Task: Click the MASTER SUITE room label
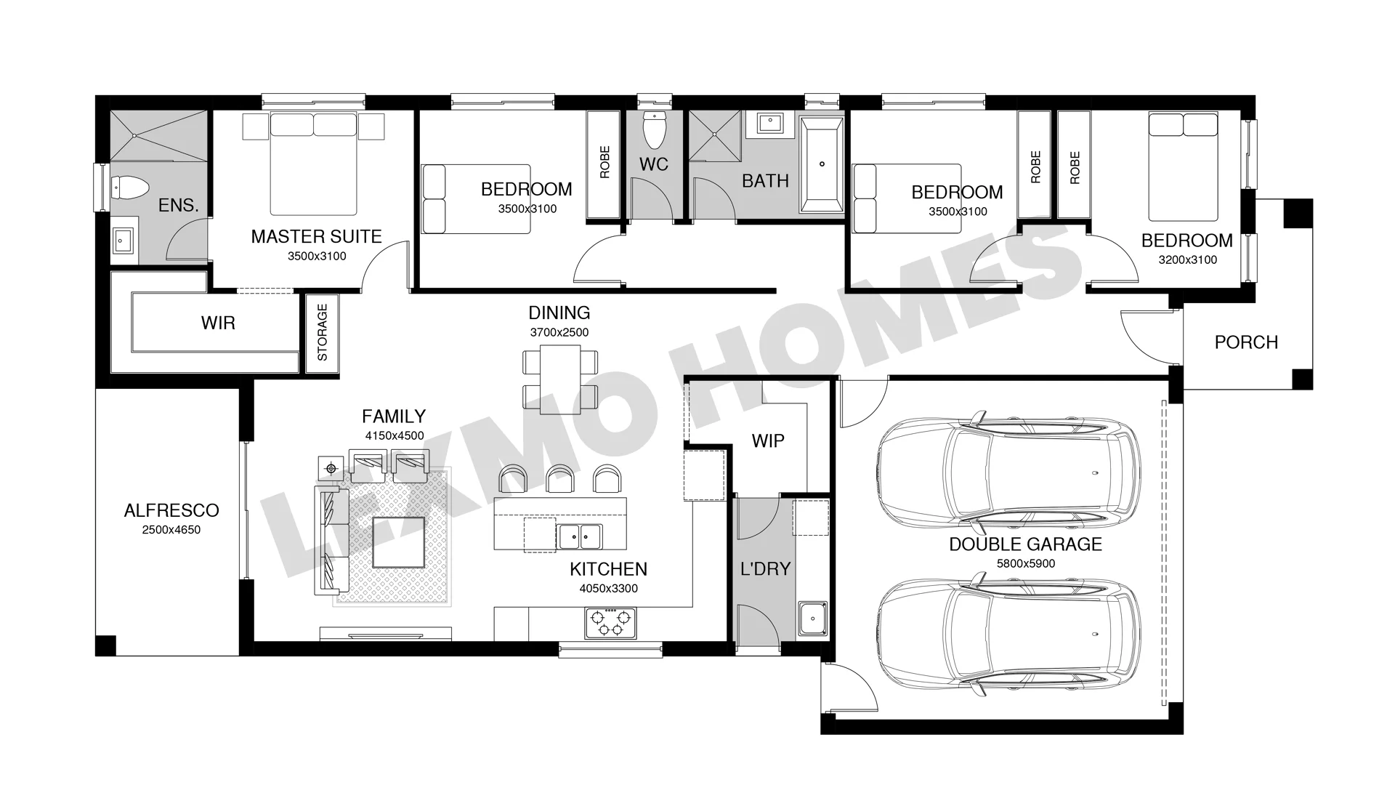(x=316, y=236)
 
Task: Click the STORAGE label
(x=323, y=332)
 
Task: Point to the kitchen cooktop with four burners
(x=610, y=624)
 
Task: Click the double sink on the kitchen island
(x=580, y=536)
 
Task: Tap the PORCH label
(x=1246, y=342)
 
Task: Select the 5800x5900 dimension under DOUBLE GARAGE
(x=1025, y=563)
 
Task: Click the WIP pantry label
(x=768, y=441)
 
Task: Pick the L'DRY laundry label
(x=765, y=569)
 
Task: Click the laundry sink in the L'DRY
(x=812, y=619)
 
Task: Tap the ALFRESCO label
(x=171, y=510)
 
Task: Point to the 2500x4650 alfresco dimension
(x=171, y=530)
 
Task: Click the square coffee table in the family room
(x=398, y=542)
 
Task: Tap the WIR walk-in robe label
(x=218, y=323)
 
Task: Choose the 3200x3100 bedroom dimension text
(x=1187, y=260)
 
